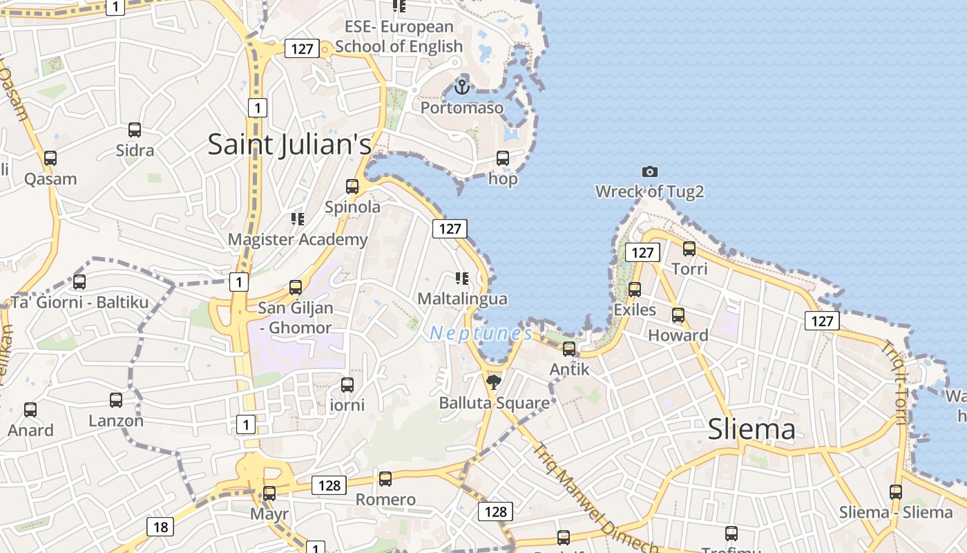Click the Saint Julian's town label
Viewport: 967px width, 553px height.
click(289, 144)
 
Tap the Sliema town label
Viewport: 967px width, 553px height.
click(751, 430)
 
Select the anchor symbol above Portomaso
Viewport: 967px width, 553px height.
click(462, 87)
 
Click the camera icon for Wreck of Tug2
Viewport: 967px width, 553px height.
click(649, 171)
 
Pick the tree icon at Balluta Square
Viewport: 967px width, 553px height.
click(493, 382)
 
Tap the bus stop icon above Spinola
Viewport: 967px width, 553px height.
click(352, 186)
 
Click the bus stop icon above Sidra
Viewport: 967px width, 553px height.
click(135, 129)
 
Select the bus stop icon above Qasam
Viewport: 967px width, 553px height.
click(50, 158)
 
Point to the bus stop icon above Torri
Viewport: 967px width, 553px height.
click(689, 248)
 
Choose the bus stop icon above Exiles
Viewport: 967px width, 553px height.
click(635, 289)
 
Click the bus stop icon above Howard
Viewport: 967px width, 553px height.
click(678, 315)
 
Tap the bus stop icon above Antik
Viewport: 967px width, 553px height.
click(569, 348)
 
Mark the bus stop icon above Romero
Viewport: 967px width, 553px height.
click(385, 478)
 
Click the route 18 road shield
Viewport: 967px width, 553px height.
click(160, 527)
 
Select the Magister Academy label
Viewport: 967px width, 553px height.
click(298, 240)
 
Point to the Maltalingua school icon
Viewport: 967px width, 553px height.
click(462, 279)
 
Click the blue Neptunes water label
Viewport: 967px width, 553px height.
click(481, 334)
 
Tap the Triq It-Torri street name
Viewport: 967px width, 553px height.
click(894, 381)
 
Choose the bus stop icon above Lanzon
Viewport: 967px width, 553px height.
click(116, 400)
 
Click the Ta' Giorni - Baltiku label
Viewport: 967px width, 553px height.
click(79, 302)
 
